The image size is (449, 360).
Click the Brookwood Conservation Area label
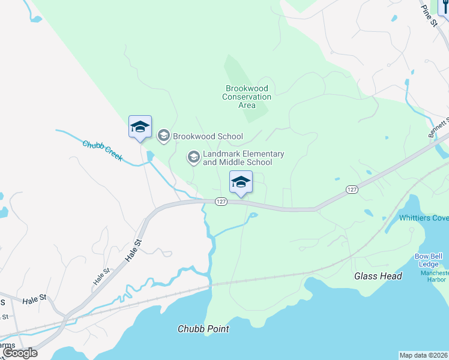(247, 97)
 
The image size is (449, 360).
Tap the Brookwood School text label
(208, 136)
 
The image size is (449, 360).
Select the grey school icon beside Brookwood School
(163, 136)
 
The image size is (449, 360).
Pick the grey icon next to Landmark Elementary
(193, 157)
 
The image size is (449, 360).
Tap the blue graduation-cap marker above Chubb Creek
(140, 127)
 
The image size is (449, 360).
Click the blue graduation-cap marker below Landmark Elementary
(241, 182)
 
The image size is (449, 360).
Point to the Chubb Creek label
(103, 151)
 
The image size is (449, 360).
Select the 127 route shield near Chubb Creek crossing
(221, 202)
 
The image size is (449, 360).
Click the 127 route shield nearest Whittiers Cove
(352, 189)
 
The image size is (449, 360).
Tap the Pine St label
(430, 16)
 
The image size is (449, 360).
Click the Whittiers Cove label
(424, 218)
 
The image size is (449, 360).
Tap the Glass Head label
(378, 276)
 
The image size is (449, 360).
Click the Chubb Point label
(203, 329)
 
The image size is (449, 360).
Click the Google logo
(20, 353)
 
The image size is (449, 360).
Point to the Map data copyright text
(424, 355)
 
